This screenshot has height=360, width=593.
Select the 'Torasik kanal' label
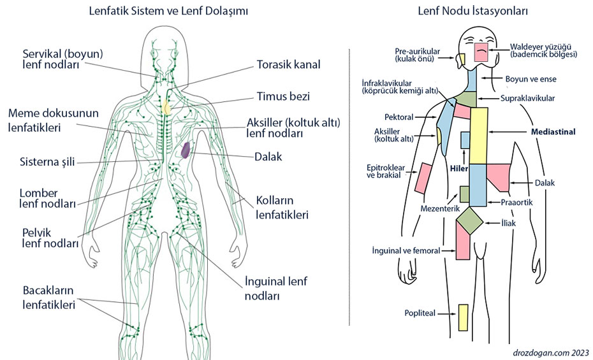coord(288,64)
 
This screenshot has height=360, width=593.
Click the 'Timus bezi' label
coord(283,97)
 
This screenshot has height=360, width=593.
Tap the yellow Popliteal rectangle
coord(463,317)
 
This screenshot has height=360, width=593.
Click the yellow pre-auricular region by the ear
coord(460,59)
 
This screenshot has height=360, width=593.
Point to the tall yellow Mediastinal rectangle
coord(479,135)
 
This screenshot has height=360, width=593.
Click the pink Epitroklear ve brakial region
coord(421,178)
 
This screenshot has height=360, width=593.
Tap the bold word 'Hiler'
coord(459,169)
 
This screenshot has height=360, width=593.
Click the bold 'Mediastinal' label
coord(553,132)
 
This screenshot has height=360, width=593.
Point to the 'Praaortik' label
coord(516,203)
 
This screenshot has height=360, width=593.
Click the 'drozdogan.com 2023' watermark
coord(552,352)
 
